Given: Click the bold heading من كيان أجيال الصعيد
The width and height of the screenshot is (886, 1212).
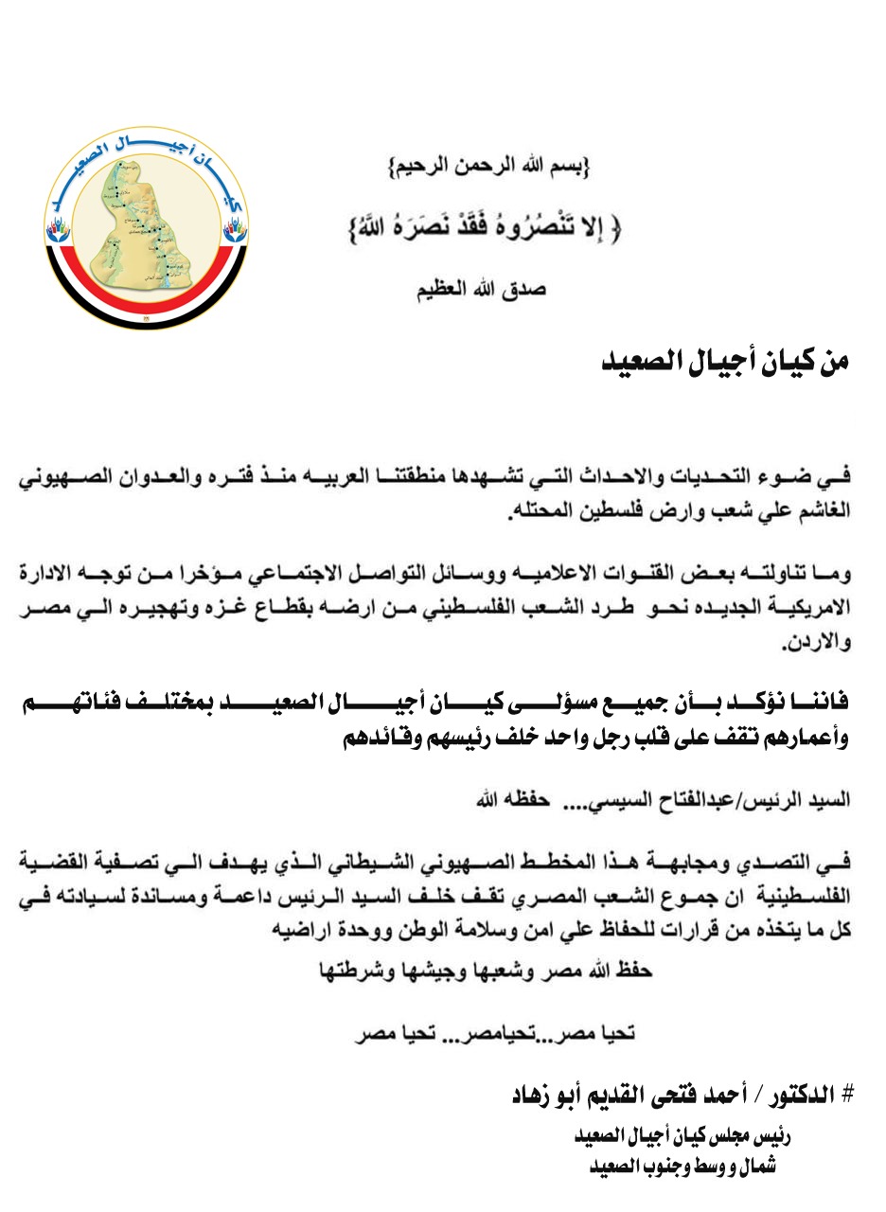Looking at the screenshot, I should [x=727, y=363].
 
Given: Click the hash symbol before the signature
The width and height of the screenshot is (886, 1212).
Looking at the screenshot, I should [x=847, y=1095].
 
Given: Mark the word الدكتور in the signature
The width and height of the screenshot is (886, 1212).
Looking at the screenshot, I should [x=801, y=1095].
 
